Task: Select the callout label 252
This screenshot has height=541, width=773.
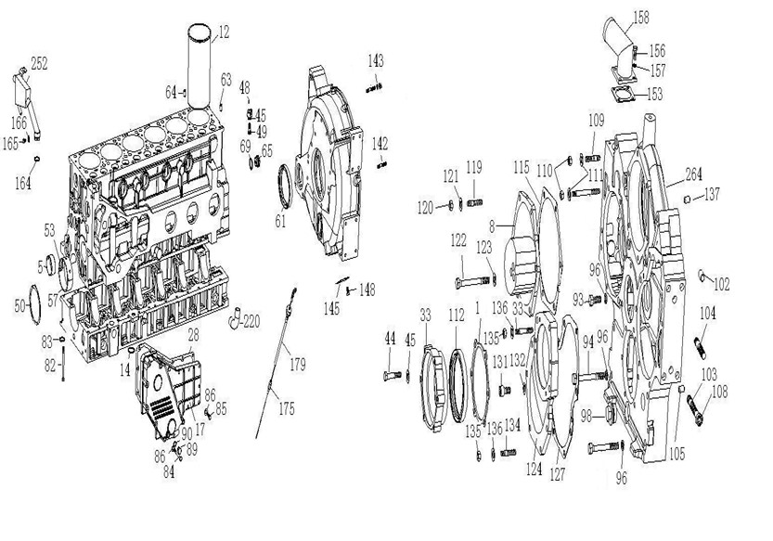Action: click(x=39, y=63)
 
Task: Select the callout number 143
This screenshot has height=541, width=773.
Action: click(x=375, y=61)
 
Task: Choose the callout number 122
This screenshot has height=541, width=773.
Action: click(x=458, y=239)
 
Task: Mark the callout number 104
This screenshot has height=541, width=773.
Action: click(x=708, y=314)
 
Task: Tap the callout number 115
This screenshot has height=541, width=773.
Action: click(x=521, y=166)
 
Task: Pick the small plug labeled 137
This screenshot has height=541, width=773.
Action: click(x=688, y=200)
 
